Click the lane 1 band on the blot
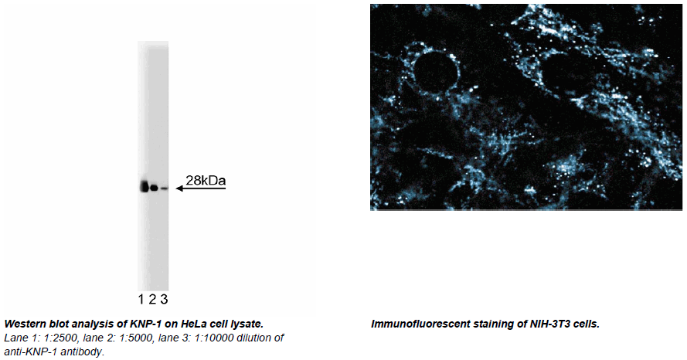point(145,187)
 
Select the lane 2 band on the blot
point(154,188)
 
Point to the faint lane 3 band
point(164,188)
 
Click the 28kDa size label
point(206,181)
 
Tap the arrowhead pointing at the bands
point(179,188)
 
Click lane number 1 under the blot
point(141,300)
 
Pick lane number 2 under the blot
point(152,300)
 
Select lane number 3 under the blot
point(164,300)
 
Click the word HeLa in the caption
point(194,324)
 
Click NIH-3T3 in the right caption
point(551,324)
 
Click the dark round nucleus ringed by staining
point(434,73)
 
